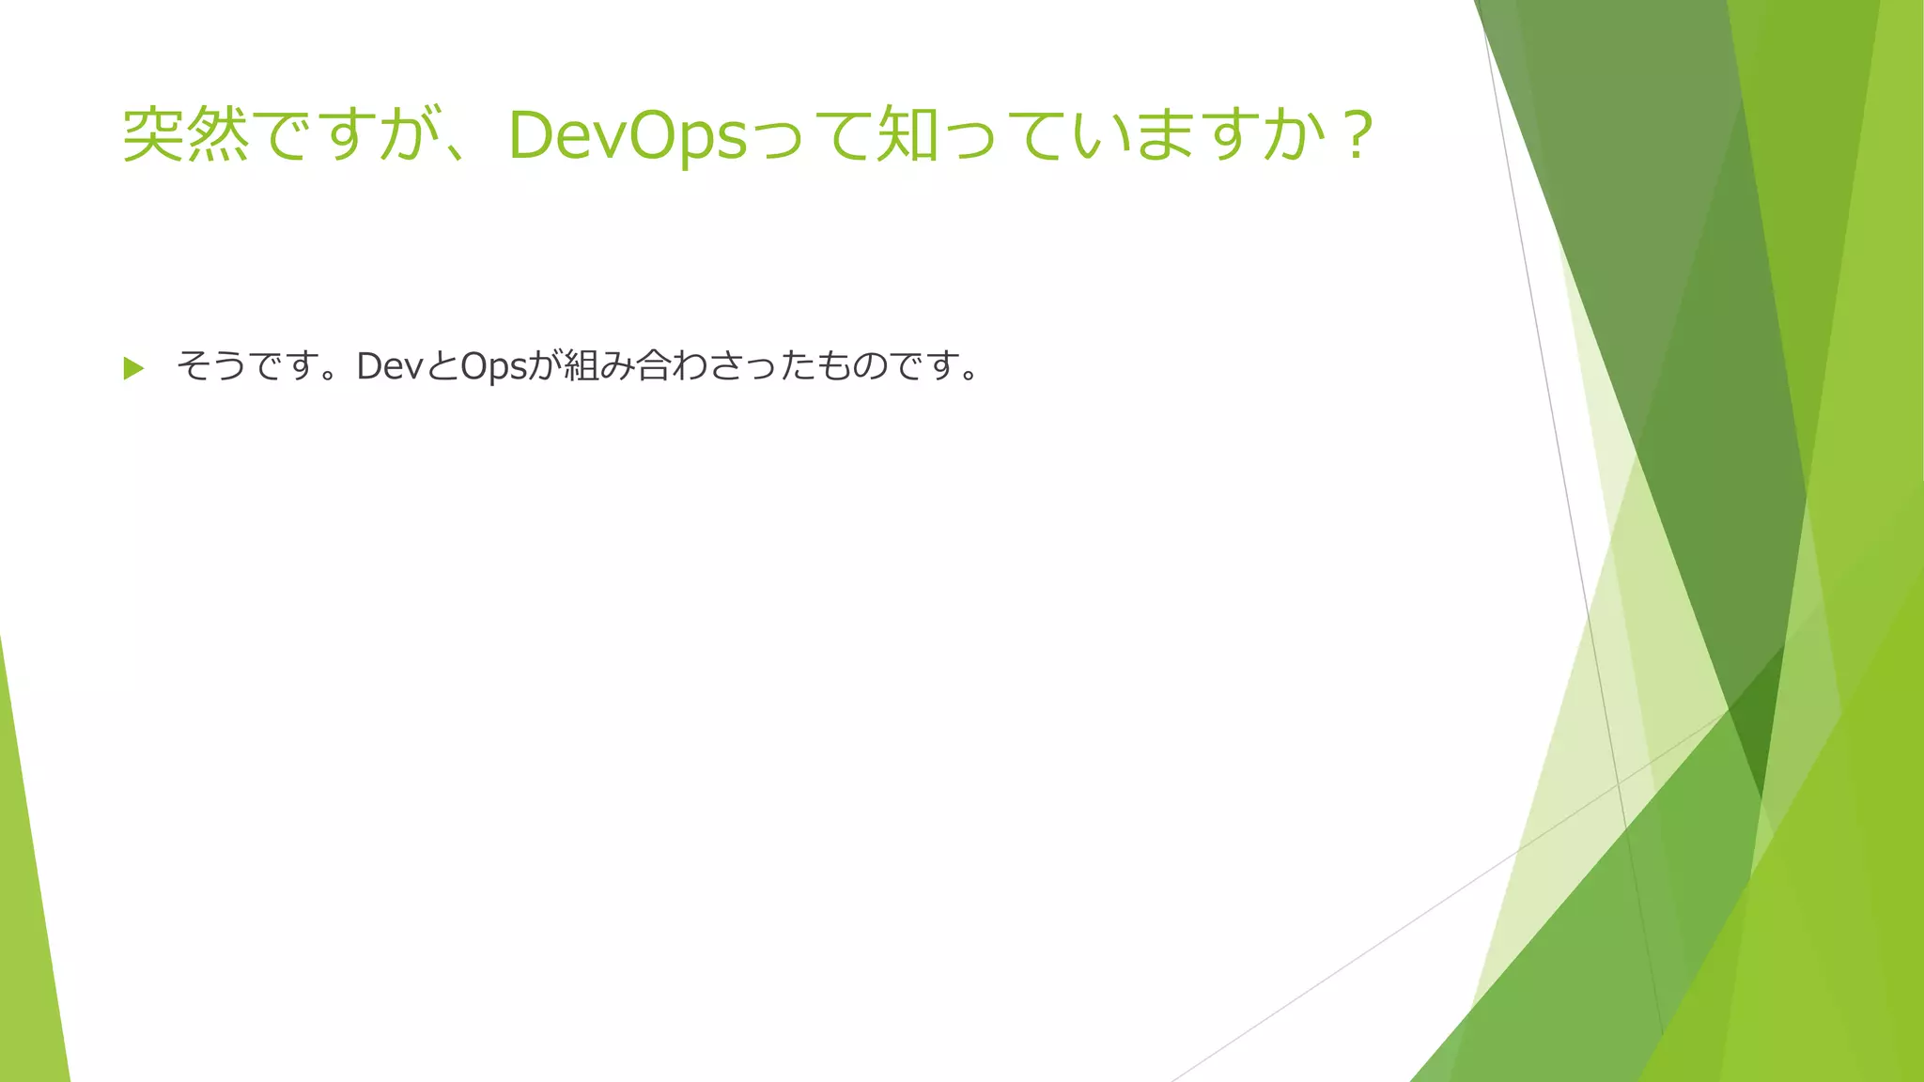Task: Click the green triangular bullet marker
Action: pos(133,368)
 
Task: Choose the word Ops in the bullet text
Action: pos(493,366)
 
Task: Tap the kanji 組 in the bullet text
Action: pos(581,366)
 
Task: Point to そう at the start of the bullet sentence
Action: pos(212,366)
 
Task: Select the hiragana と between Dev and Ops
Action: pos(442,366)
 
